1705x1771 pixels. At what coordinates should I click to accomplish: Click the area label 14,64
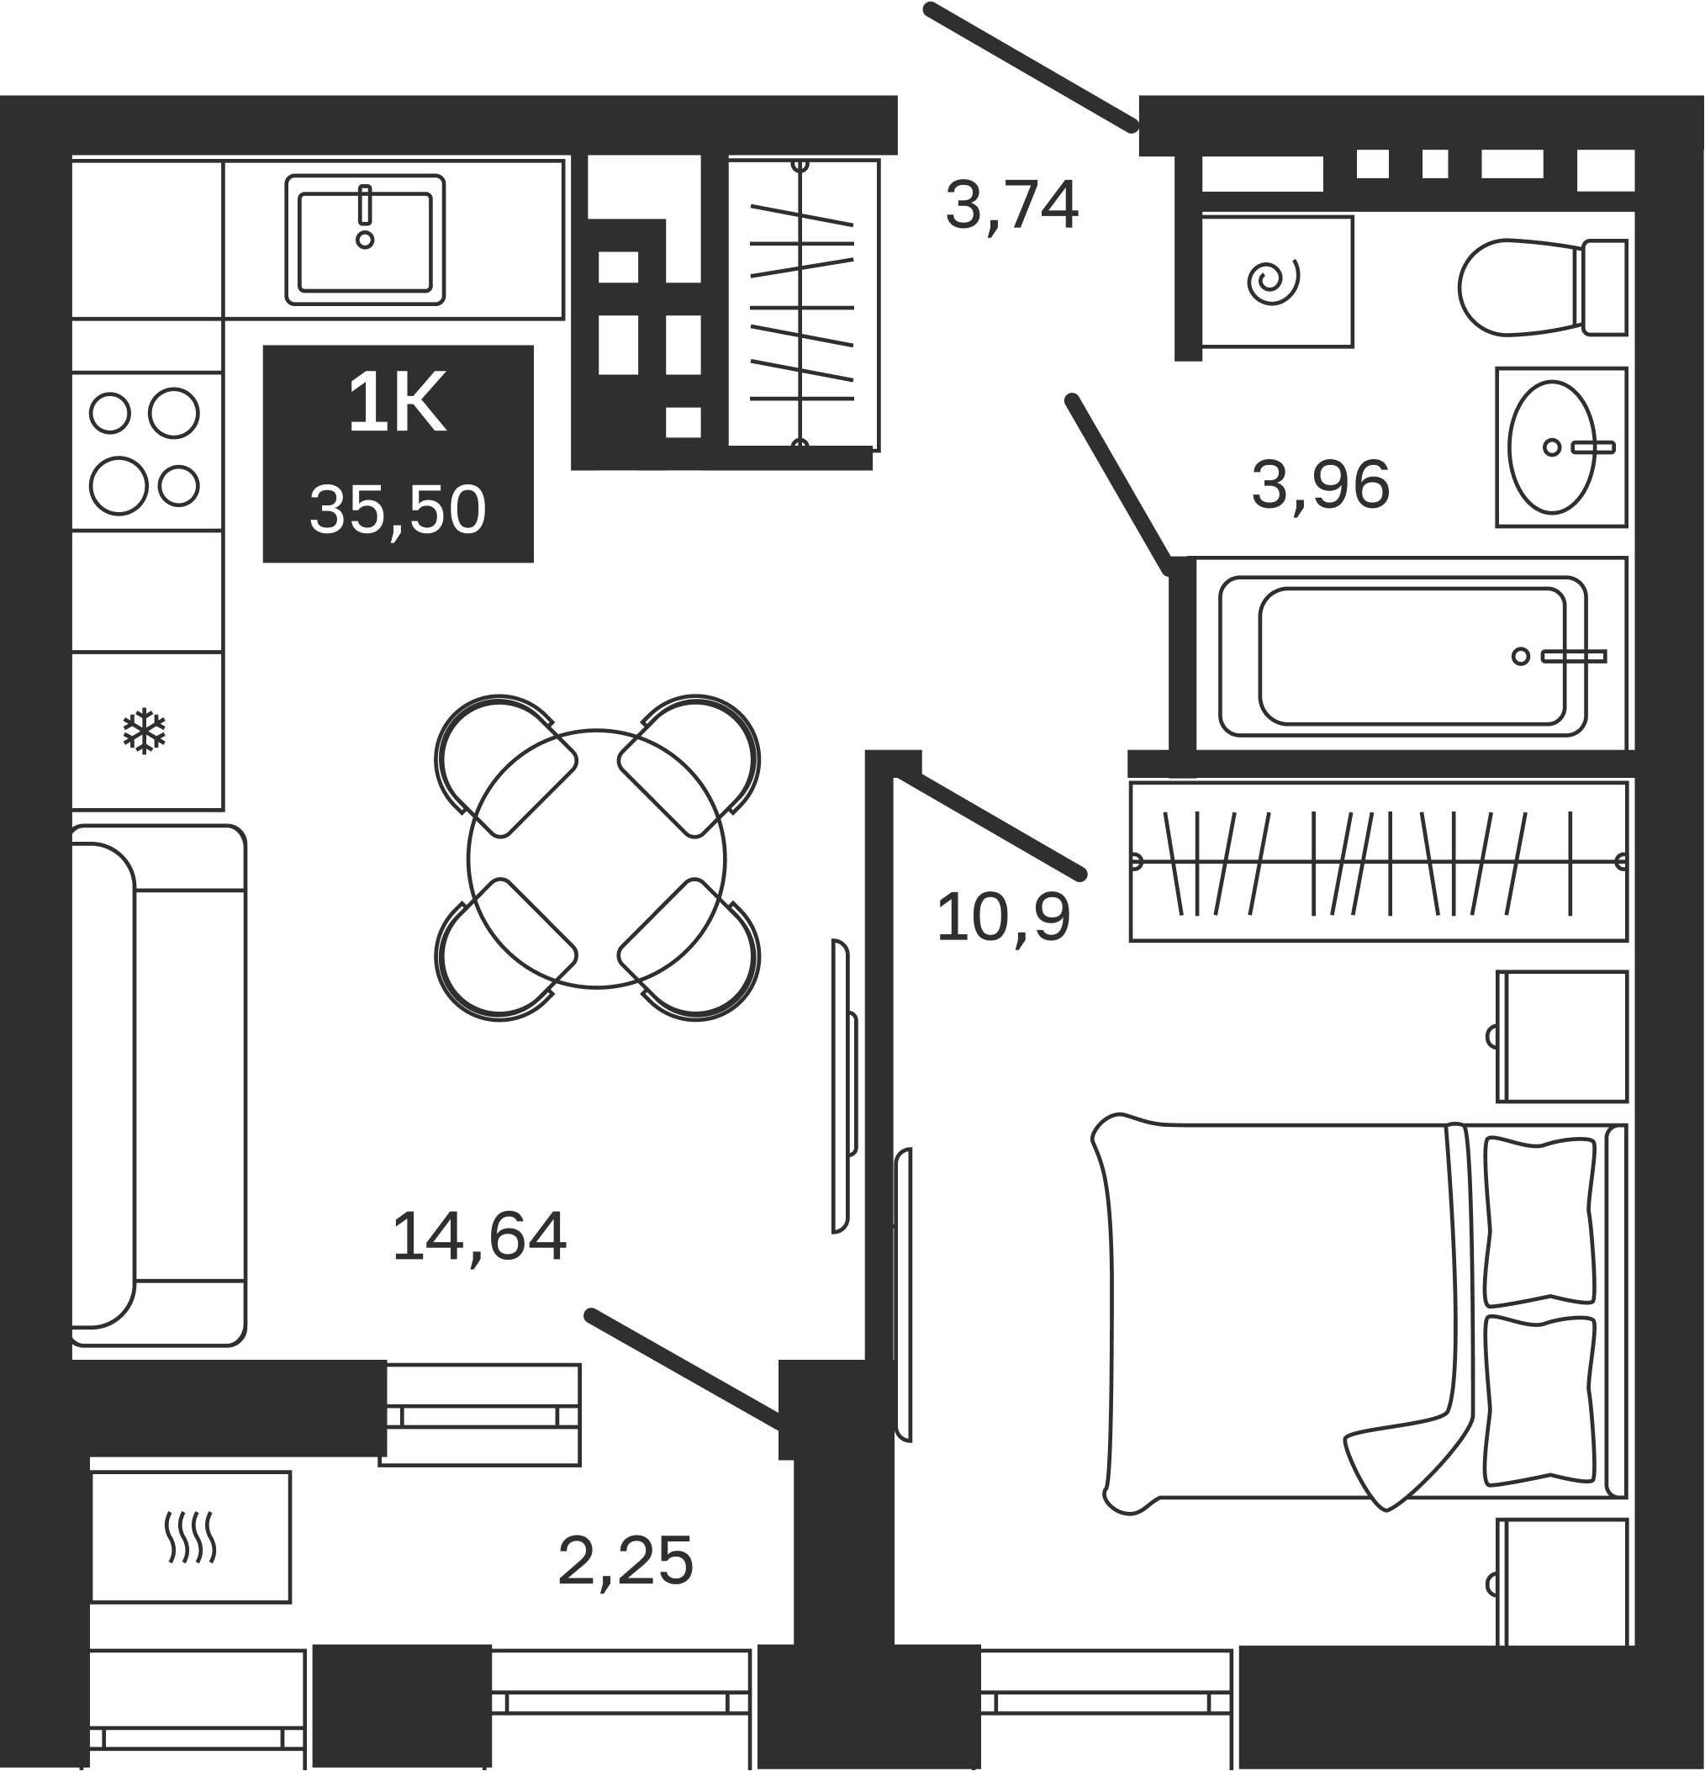click(x=479, y=1238)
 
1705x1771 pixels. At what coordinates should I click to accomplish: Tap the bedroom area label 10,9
click(x=1003, y=918)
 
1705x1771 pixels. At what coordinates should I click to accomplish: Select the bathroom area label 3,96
click(x=1320, y=486)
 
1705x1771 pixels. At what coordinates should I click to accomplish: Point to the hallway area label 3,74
click(x=1012, y=205)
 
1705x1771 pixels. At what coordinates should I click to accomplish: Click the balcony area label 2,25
click(x=626, y=1562)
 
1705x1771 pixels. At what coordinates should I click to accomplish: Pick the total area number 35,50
click(x=398, y=510)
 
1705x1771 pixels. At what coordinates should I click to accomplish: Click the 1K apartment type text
click(x=397, y=403)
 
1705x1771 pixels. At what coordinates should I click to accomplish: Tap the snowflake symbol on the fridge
click(x=145, y=731)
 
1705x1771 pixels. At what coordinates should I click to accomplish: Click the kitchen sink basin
click(x=365, y=241)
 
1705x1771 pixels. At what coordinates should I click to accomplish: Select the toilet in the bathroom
click(x=1543, y=288)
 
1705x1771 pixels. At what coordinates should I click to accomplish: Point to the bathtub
click(x=1402, y=656)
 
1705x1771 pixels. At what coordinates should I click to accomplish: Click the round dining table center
click(x=596, y=859)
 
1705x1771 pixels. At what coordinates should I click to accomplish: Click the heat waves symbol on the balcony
click(x=190, y=1537)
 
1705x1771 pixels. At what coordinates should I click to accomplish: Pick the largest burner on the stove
click(x=119, y=485)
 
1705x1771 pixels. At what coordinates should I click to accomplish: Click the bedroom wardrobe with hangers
click(x=1378, y=861)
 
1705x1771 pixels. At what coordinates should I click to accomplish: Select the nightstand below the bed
click(x=1562, y=1594)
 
